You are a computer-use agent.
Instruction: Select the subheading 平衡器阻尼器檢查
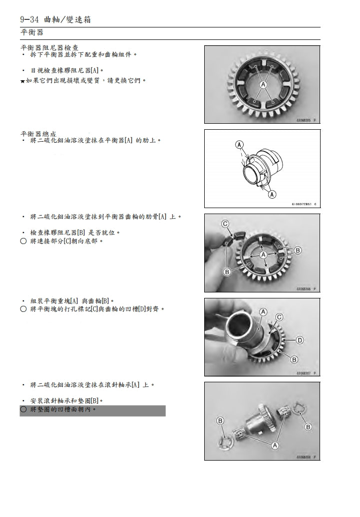point(49,47)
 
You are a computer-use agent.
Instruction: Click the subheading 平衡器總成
point(38,134)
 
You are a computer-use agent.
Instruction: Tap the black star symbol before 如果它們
point(22,80)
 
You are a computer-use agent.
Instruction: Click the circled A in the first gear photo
point(262,85)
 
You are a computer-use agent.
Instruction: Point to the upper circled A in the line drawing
point(240,145)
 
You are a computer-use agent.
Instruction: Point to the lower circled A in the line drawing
point(272,195)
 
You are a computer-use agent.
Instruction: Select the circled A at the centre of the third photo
point(262,254)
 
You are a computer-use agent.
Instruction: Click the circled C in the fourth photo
point(279,317)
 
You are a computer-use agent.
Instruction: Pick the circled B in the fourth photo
point(294,359)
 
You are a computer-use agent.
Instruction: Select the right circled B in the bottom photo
point(308,427)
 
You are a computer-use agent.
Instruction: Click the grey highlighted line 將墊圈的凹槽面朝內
point(92,410)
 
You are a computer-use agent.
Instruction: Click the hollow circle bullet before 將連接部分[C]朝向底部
point(23,242)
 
